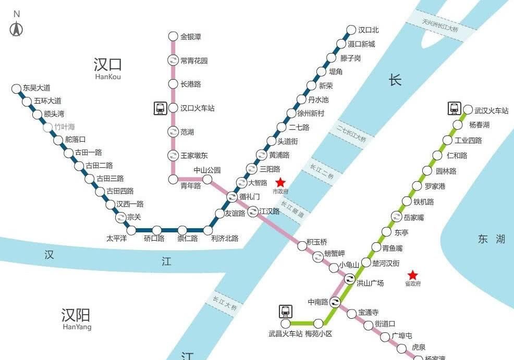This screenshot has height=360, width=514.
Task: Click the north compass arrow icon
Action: [17, 29]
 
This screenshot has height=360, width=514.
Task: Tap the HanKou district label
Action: [108, 69]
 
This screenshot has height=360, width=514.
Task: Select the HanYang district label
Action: [76, 319]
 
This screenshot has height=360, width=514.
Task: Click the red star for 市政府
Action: [280, 182]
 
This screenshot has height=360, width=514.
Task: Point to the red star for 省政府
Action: [412, 275]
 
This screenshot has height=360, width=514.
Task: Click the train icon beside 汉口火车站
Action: [160, 108]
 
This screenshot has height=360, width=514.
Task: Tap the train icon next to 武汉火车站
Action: [454, 108]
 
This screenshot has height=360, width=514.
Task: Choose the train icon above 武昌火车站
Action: [285, 311]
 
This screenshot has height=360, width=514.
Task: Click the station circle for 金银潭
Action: [173, 36]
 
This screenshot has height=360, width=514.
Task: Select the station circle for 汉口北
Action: [351, 30]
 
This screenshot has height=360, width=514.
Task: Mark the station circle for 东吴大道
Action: [17, 89]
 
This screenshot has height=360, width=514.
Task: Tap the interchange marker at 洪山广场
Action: [349, 282]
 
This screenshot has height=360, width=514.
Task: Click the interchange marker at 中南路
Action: [335, 301]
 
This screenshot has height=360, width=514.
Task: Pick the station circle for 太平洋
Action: [132, 230]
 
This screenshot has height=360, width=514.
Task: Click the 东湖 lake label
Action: [492, 239]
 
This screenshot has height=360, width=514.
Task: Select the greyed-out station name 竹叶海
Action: [66, 127]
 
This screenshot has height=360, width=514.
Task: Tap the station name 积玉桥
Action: [317, 242]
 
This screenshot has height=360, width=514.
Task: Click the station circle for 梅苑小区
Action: [318, 324]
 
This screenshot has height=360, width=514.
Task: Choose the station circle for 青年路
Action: [174, 179]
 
